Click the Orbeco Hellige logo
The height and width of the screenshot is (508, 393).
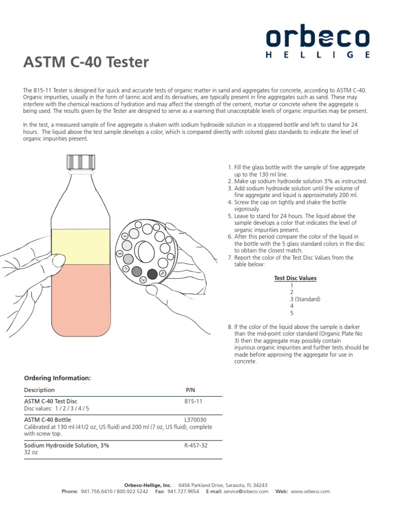317,43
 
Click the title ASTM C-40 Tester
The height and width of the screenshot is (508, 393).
86,63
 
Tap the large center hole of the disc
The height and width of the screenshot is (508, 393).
147,250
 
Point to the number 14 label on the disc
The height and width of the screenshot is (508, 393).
143,281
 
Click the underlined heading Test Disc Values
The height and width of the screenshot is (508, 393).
295,278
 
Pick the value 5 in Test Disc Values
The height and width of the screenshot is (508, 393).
292,313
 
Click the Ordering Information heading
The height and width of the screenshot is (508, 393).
58,378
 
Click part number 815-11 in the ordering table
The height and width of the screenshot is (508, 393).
194,402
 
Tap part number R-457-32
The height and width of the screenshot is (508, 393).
196,446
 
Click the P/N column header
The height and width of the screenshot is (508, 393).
190,390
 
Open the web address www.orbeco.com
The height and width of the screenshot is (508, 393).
310,491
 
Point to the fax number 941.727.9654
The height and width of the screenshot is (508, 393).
184,491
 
